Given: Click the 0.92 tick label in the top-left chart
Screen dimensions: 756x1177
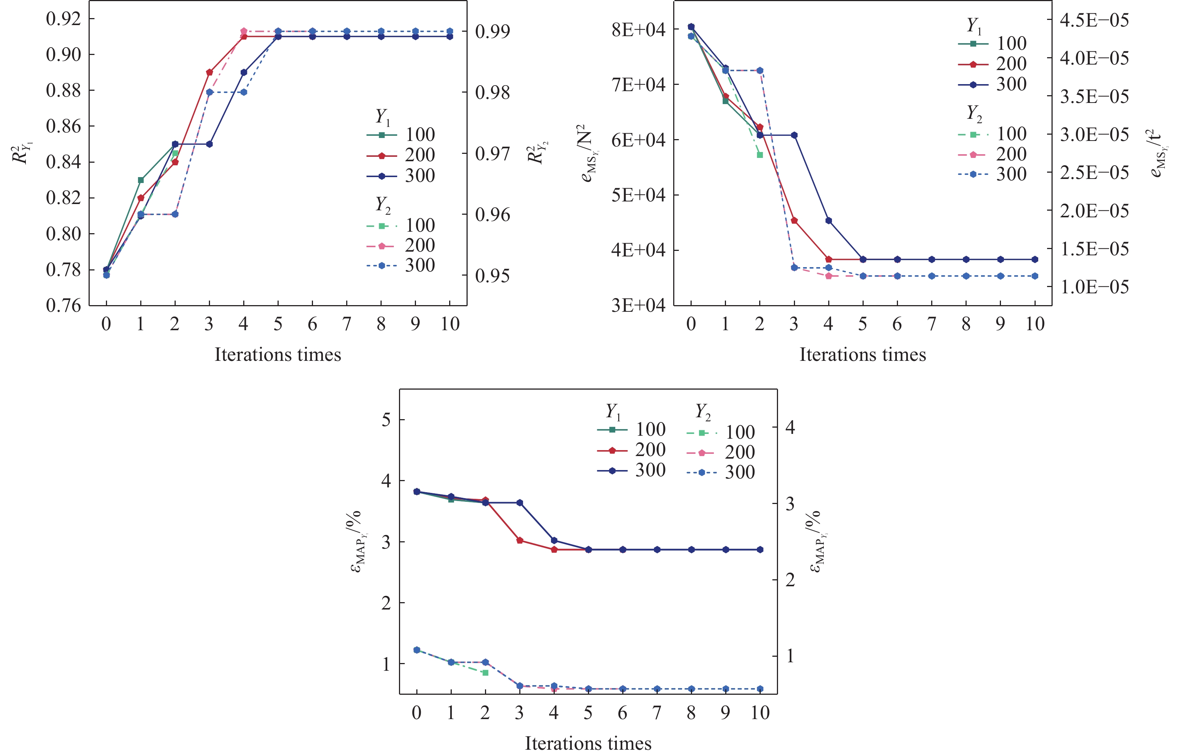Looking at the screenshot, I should pyautogui.click(x=63, y=19).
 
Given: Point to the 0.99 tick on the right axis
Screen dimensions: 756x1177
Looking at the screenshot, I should pyautogui.click(x=492, y=31).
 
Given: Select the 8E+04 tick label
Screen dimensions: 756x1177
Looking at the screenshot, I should pyautogui.click(x=638, y=30).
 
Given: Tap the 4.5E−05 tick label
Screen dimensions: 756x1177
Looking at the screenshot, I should pyautogui.click(x=1094, y=20).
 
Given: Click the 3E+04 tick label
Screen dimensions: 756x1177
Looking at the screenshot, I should pyautogui.click(x=638, y=305).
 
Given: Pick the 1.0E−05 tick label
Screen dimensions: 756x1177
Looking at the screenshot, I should pyautogui.click(x=1094, y=287).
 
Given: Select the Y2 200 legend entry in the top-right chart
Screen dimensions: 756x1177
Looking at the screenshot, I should pyautogui.click(x=992, y=155).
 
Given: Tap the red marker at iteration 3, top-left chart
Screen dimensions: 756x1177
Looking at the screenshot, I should pyautogui.click(x=210, y=73).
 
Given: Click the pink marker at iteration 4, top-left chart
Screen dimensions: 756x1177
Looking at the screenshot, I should pyautogui.click(x=244, y=31).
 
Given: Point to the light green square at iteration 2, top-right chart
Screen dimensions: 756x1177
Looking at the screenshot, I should pyautogui.click(x=760, y=155).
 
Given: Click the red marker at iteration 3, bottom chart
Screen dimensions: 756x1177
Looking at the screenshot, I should pyautogui.click(x=520, y=541).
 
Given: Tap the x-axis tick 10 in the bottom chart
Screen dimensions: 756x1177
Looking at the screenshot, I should pyautogui.click(x=760, y=713).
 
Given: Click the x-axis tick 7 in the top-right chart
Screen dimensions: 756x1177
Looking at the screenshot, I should pyautogui.click(x=932, y=324).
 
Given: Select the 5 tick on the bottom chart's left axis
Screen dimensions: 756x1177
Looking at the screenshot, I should pyautogui.click(x=386, y=420).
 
